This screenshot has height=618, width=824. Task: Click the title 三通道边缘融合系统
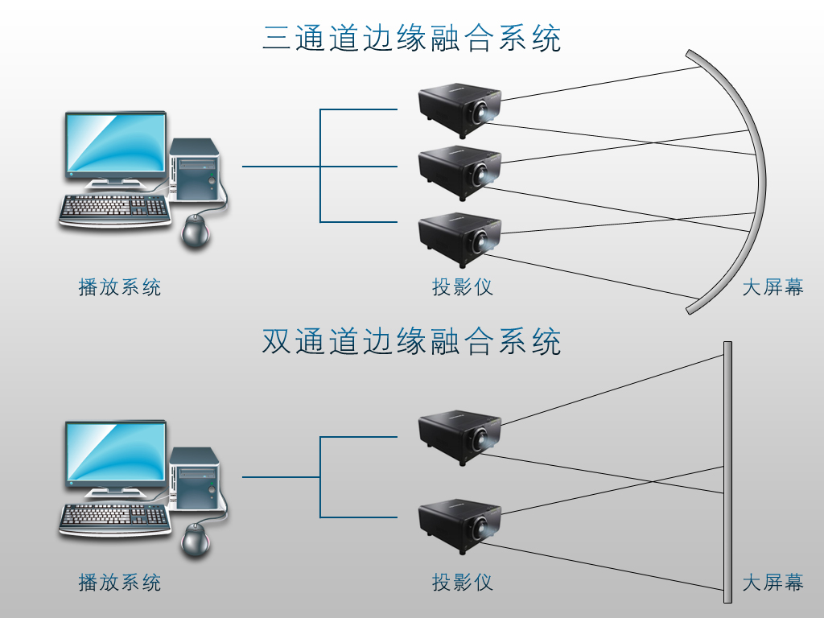[x=411, y=38]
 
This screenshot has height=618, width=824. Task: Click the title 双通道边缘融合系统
[x=411, y=342]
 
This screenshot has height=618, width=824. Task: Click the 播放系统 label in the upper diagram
[x=120, y=286]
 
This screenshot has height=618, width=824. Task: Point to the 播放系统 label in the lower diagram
[x=120, y=582]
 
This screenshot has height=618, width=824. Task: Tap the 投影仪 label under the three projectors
[x=462, y=286]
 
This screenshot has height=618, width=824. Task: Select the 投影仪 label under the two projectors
[x=462, y=582]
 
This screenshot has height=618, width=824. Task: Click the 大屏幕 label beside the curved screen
[x=772, y=286]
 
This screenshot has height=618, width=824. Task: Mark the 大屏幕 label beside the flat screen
[x=772, y=582]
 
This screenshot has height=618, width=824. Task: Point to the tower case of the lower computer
[x=195, y=479]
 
